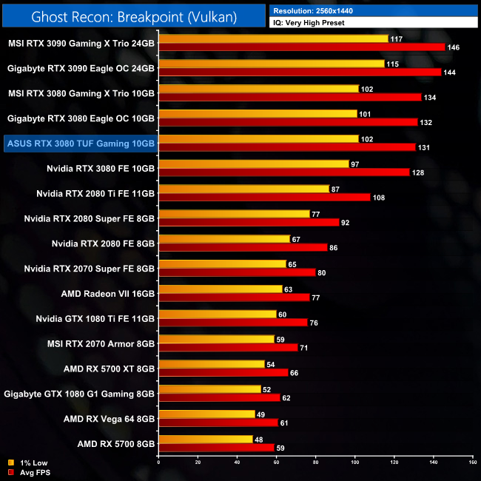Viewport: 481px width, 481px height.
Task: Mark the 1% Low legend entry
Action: (x=26, y=463)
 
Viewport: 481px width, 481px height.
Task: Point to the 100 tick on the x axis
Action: (x=355, y=462)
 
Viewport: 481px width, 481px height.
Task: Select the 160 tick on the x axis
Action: (x=472, y=462)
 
